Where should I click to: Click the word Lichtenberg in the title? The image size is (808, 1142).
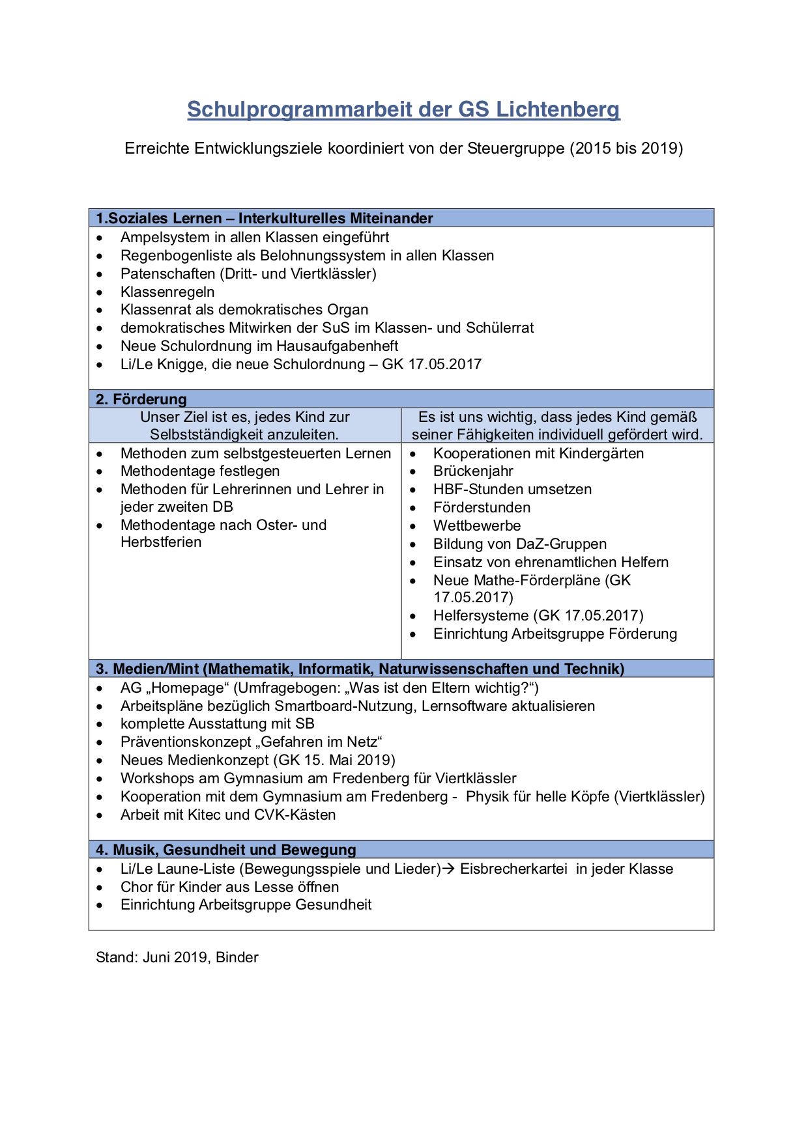[x=558, y=109]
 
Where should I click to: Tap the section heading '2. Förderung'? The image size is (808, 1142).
[x=141, y=399]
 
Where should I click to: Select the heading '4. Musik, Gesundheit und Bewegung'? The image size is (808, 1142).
[x=226, y=850]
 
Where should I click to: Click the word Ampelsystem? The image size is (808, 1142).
[x=165, y=237]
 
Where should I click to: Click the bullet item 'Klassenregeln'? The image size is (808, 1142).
[x=167, y=292]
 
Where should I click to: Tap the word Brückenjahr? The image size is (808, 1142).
[x=473, y=471]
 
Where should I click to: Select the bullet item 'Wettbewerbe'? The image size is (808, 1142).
[x=477, y=525]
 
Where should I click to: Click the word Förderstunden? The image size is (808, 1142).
[x=482, y=507]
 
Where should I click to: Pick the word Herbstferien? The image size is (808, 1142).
[x=161, y=542]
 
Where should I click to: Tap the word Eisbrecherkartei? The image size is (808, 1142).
[x=513, y=869]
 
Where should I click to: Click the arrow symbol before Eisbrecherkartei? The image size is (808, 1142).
[x=450, y=869]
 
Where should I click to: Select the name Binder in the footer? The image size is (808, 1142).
[x=237, y=957]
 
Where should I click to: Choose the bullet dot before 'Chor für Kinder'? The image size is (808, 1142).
[x=99, y=887]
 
